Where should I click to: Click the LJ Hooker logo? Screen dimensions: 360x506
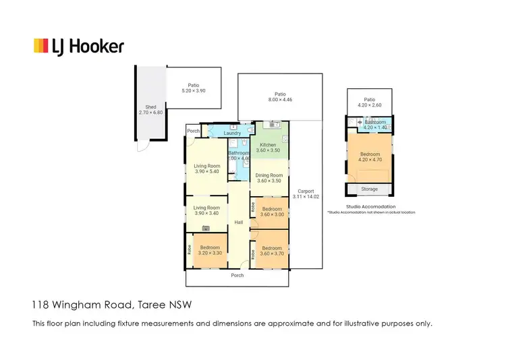click(79, 46)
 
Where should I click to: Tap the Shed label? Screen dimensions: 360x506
click(151, 110)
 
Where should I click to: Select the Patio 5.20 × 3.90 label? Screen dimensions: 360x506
click(193, 88)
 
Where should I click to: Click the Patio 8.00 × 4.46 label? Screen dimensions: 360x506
click(279, 96)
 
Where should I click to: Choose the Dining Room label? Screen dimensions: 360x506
click(268, 178)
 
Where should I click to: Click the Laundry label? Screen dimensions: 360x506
click(232, 133)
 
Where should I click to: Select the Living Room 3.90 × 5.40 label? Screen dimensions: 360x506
click(207, 169)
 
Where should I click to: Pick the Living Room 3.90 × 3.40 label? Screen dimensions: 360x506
click(207, 210)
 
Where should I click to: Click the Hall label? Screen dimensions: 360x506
click(238, 222)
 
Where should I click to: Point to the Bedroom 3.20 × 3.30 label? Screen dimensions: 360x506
click(208, 248)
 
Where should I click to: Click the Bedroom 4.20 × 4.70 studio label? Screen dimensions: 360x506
click(370, 157)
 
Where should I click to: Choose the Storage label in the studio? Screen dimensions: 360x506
click(370, 189)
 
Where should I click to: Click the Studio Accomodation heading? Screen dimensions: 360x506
click(370, 206)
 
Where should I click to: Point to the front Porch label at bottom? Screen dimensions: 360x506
click(237, 275)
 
